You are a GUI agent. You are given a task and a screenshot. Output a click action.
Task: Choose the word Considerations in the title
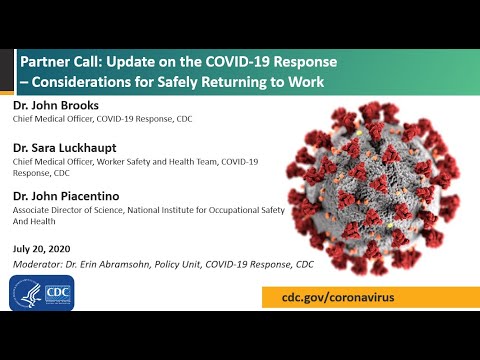[x=75, y=82]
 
